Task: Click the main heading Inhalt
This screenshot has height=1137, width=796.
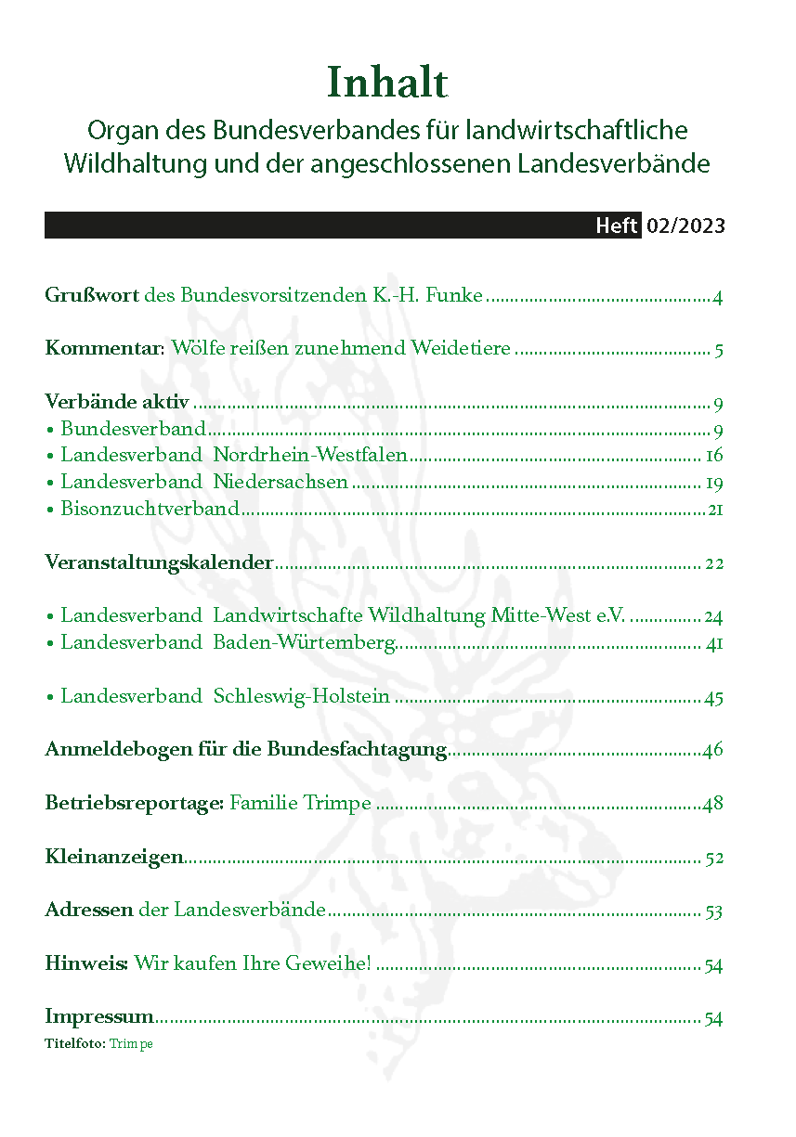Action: (x=387, y=84)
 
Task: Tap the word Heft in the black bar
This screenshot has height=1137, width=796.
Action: (x=617, y=226)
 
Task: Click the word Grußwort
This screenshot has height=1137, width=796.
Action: (x=92, y=297)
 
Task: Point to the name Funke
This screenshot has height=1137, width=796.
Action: (x=455, y=297)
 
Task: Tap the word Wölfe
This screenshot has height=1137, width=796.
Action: (x=200, y=350)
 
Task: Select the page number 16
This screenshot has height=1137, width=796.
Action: (x=713, y=456)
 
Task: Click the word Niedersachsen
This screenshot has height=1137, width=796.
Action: (x=281, y=483)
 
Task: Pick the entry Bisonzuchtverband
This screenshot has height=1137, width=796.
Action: (x=150, y=510)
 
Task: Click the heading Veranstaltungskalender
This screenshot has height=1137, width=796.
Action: (x=159, y=563)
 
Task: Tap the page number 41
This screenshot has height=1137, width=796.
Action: (x=714, y=643)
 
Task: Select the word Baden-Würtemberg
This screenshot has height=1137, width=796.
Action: (x=304, y=643)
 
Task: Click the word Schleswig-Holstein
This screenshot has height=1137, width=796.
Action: (x=301, y=697)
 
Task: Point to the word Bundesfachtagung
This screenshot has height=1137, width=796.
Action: (x=358, y=750)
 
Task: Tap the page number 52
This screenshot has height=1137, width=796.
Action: (x=713, y=859)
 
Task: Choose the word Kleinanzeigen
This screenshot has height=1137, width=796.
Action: (x=114, y=858)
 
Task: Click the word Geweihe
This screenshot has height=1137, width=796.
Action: (x=333, y=965)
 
